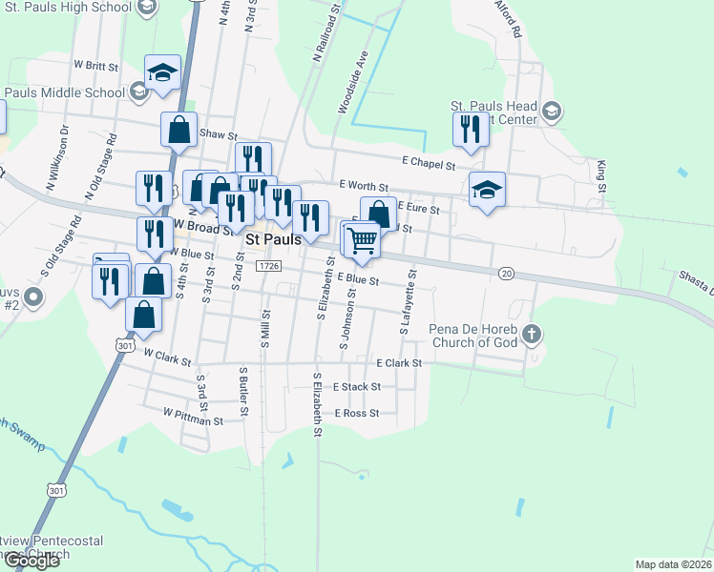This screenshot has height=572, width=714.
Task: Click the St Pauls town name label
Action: click(273, 239)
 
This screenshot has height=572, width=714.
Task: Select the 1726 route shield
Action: click(267, 267)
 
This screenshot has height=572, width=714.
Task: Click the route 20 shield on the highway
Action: click(506, 274)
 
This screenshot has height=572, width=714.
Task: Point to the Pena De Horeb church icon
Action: click(533, 335)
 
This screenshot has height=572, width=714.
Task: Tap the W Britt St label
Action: click(95, 67)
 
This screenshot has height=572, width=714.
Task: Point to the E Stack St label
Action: click(357, 387)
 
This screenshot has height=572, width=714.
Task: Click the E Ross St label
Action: click(357, 413)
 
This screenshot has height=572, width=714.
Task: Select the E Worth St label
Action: click(364, 187)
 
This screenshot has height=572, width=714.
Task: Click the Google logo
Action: click(31, 560)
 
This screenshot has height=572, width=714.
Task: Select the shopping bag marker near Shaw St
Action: click(179, 130)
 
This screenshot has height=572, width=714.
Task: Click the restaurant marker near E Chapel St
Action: click(468, 130)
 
